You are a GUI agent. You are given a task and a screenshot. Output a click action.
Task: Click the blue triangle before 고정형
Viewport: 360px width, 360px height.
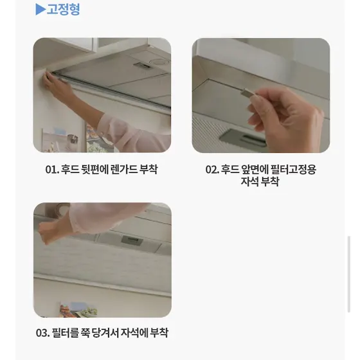coord(40,10)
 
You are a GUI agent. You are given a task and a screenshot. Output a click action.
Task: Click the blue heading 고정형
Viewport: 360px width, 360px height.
coord(64,9)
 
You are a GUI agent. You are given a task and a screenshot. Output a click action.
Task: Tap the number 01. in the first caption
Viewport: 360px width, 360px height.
coord(52,170)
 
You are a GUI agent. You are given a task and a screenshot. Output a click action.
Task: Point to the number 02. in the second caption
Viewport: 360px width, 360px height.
coord(212,170)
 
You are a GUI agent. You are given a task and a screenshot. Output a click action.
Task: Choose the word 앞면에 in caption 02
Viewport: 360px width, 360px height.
coord(255,170)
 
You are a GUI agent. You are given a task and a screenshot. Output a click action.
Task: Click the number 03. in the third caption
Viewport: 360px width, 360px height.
coord(42,333)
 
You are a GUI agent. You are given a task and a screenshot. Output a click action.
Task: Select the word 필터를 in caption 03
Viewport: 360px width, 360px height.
coord(65,333)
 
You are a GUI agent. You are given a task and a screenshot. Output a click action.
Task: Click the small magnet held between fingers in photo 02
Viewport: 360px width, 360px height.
coord(248,93)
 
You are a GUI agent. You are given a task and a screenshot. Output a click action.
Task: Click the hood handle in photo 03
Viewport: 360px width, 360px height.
coord(132,240)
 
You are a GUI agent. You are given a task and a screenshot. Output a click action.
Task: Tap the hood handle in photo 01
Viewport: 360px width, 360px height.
coord(143,66)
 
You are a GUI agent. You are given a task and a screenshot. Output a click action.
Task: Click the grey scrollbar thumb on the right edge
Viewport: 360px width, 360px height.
coord(349,274)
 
